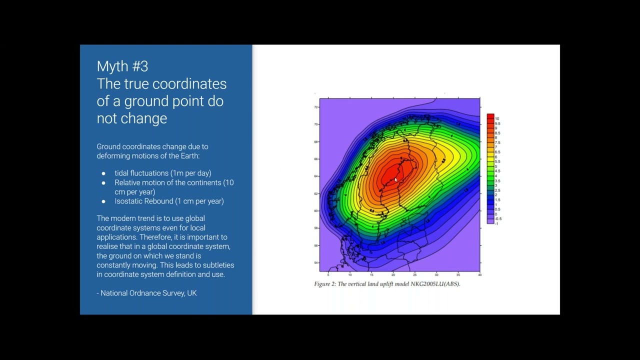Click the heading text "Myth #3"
click(x=122, y=66)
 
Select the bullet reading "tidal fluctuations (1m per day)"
click(x=162, y=173)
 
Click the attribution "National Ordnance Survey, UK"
click(x=148, y=293)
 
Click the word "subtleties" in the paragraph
click(x=218, y=265)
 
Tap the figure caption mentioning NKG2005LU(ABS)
click(x=386, y=284)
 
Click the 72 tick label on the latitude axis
click(x=315, y=107)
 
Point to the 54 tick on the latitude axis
click(x=315, y=262)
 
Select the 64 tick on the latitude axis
click(x=315, y=176)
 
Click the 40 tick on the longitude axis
click(x=479, y=275)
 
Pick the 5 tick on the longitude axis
click(x=328, y=275)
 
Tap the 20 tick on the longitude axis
click(x=393, y=275)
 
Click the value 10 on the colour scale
click(x=497, y=118)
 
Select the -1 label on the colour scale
click(x=496, y=223)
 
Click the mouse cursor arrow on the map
click(x=395, y=180)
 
